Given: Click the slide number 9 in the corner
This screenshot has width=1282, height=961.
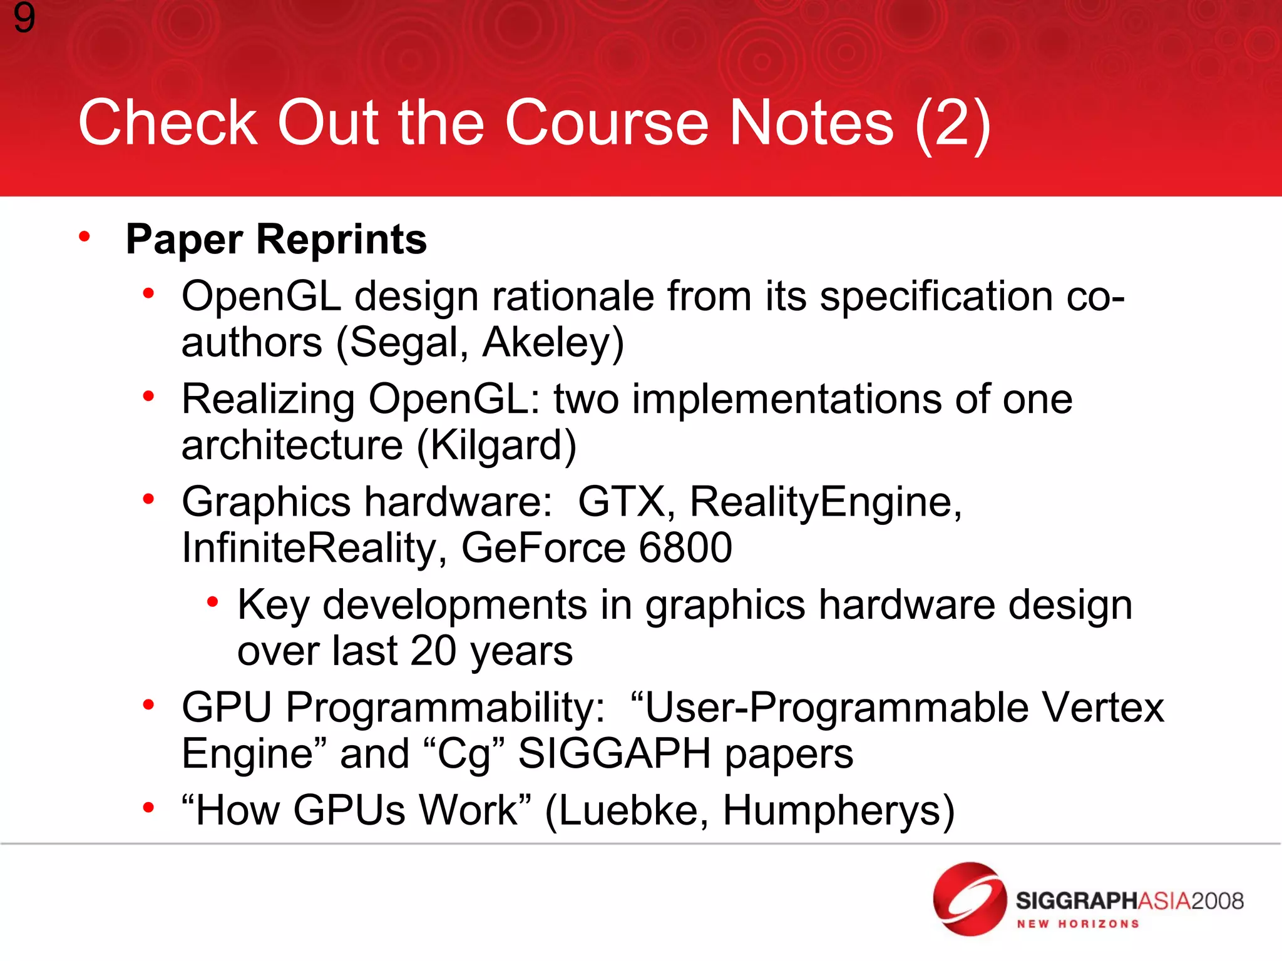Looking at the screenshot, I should pyautogui.click(x=24, y=18).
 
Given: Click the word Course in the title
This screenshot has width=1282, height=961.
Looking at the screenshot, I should pyautogui.click(x=607, y=123).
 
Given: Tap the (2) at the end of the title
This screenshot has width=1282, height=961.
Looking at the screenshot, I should pyautogui.click(x=953, y=124).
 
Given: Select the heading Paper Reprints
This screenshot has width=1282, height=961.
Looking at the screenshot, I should pyautogui.click(x=276, y=240).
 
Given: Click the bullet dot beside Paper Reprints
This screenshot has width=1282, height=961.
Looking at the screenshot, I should pyautogui.click(x=85, y=237).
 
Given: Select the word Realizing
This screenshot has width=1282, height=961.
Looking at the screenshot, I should pyautogui.click(x=268, y=399).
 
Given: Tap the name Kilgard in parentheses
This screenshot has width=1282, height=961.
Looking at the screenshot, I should pyautogui.click(x=496, y=445).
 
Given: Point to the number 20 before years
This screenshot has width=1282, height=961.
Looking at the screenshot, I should pyautogui.click(x=433, y=651).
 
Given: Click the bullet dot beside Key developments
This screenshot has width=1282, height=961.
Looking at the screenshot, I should pyautogui.click(x=213, y=603).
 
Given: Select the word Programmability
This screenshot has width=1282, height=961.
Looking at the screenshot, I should pyautogui.click(x=446, y=708).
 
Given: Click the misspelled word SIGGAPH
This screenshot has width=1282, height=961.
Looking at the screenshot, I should pyautogui.click(x=614, y=753).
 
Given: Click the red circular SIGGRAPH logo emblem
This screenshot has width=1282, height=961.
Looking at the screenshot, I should pyautogui.click(x=970, y=899).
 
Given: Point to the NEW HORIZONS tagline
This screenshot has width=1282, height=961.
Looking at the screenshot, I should pyautogui.click(x=1077, y=924).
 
